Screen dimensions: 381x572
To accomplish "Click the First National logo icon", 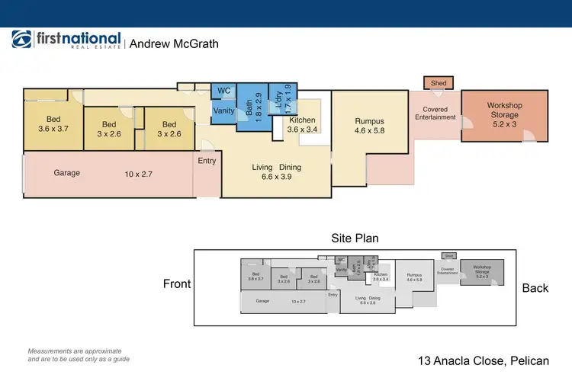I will click(21, 40).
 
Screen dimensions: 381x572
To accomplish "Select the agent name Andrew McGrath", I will click(174, 44).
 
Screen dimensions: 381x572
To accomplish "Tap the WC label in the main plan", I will click(224, 91).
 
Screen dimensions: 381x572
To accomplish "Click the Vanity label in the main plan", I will click(224, 111).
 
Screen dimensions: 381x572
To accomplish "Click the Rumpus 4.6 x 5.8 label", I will click(370, 126).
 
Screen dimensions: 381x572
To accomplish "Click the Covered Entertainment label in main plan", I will click(436, 114).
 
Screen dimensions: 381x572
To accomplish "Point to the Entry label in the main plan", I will click(207, 161).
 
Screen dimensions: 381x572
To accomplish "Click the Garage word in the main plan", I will click(67, 173).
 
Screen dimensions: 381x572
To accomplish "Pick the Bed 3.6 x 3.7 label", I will click(53, 124).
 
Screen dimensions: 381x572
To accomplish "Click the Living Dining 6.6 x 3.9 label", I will click(277, 172).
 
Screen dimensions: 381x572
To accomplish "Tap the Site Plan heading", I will click(354, 239).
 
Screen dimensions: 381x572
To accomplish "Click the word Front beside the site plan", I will click(176, 284).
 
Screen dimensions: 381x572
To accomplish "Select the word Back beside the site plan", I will click(535, 288).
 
